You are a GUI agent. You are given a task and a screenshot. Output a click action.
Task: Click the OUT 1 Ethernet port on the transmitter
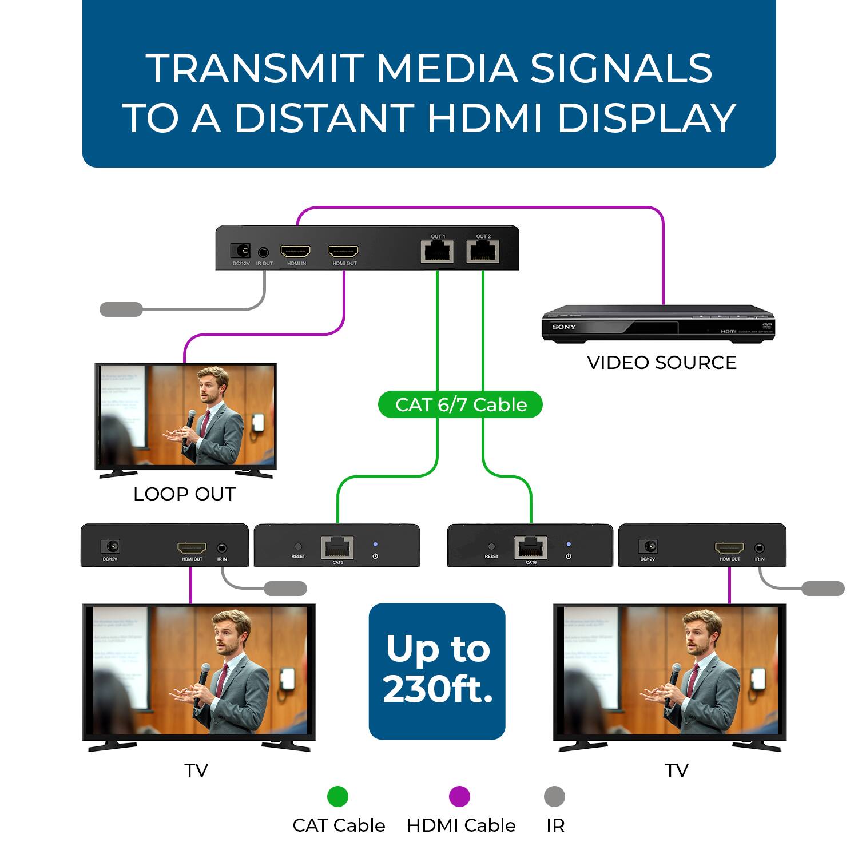click(x=438, y=251)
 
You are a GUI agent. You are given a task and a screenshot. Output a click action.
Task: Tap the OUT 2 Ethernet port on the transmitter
click(x=483, y=251)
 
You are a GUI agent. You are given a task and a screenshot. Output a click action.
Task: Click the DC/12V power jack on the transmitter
click(x=240, y=251)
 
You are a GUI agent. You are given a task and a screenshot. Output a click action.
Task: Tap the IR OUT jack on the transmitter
click(x=263, y=251)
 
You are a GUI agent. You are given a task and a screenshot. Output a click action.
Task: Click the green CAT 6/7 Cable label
click(x=460, y=404)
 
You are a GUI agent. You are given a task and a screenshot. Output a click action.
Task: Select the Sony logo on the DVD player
click(x=564, y=327)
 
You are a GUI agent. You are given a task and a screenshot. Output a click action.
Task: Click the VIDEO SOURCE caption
click(x=662, y=363)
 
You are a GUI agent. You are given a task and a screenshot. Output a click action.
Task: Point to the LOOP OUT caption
click(x=184, y=494)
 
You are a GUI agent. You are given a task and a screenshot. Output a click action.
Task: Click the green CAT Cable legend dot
click(x=337, y=796)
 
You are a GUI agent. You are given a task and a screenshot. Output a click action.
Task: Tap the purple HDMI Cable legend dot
click(x=459, y=796)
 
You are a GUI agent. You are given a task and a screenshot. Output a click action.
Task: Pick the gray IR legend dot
click(x=554, y=796)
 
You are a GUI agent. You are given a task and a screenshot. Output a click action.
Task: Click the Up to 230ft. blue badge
click(x=437, y=670)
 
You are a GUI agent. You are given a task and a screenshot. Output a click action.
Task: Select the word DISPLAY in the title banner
click(x=646, y=118)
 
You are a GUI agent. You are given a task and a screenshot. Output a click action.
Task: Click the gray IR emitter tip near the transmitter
click(x=121, y=309)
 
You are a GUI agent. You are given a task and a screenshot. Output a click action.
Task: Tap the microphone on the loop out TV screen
click(x=190, y=417)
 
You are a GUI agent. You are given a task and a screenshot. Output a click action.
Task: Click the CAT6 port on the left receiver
click(x=337, y=547)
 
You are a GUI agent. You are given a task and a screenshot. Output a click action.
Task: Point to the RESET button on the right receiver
click(x=491, y=547)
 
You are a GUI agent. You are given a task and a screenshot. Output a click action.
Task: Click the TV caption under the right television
click(x=677, y=770)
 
